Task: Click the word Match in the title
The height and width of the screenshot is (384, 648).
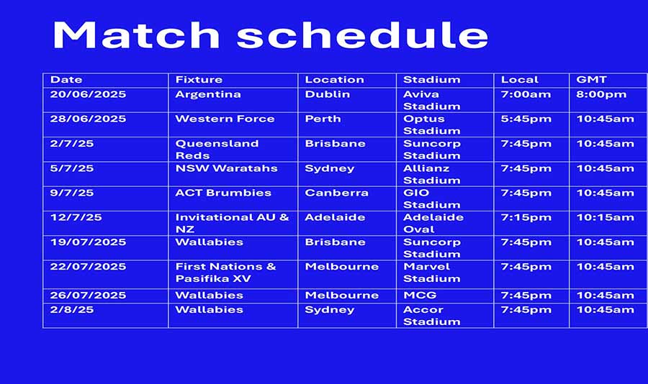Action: (136, 35)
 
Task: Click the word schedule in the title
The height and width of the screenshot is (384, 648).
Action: (362, 35)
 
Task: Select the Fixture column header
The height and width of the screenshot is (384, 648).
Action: (199, 80)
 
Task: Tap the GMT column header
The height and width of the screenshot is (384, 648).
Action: (591, 80)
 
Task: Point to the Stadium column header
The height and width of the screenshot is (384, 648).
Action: (431, 80)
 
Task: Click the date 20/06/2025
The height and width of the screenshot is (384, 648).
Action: (88, 94)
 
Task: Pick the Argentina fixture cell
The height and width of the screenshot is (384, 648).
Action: (208, 94)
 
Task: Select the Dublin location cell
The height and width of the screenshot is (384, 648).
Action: (328, 94)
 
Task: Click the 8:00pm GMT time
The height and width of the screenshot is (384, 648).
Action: (601, 94)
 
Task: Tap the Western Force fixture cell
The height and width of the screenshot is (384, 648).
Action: (225, 119)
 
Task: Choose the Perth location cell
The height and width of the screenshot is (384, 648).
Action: (323, 119)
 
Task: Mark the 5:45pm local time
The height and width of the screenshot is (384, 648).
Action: (526, 119)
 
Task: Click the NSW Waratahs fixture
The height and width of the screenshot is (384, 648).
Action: (227, 168)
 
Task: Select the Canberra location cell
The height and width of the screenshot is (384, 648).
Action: (336, 193)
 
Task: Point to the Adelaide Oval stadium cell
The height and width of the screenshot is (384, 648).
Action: (433, 224)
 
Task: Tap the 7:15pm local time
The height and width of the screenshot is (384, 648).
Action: (526, 218)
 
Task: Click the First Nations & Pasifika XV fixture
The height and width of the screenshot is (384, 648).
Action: (225, 273)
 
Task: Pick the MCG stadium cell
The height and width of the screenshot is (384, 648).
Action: (420, 296)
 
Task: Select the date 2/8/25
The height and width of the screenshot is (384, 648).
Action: (72, 310)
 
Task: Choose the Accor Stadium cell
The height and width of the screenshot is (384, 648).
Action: (431, 316)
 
